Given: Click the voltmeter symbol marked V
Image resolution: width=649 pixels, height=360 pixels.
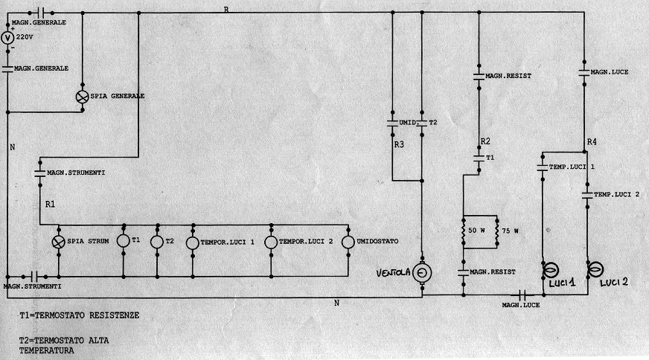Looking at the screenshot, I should tap(7, 38).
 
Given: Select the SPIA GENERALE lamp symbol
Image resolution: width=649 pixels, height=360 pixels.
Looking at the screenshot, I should tap(83, 97).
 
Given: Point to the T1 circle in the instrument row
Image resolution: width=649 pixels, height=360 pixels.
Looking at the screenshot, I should tap(124, 242).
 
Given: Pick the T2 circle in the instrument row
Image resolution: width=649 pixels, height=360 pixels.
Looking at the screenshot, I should tap(156, 242).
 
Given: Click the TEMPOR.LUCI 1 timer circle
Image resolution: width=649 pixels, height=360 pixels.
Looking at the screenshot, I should tap(192, 242).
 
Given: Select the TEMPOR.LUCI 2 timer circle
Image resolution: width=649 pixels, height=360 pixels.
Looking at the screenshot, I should tap(271, 242).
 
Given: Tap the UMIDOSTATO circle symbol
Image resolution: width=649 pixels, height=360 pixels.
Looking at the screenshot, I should tap(348, 242).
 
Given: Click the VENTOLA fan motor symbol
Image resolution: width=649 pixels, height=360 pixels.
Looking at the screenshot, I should tap(422, 273).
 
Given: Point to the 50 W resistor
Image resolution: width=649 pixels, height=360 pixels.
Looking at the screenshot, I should tap(464, 231).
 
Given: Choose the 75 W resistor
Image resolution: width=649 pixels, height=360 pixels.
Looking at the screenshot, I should tap(496, 231).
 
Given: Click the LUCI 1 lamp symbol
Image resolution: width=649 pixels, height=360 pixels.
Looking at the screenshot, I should tap(552, 270).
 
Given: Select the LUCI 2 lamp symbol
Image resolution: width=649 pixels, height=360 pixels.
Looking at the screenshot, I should tap(595, 269).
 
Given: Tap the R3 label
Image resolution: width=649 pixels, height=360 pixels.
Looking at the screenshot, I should tap(399, 145).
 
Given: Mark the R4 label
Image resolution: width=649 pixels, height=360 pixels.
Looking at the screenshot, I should tap(592, 141).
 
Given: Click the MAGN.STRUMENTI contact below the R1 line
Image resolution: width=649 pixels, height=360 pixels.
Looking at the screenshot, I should tap(39, 173).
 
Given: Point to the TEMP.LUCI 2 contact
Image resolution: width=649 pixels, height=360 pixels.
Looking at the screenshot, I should tap(586, 195).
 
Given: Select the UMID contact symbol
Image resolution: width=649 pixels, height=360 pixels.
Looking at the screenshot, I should tap(391, 122).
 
